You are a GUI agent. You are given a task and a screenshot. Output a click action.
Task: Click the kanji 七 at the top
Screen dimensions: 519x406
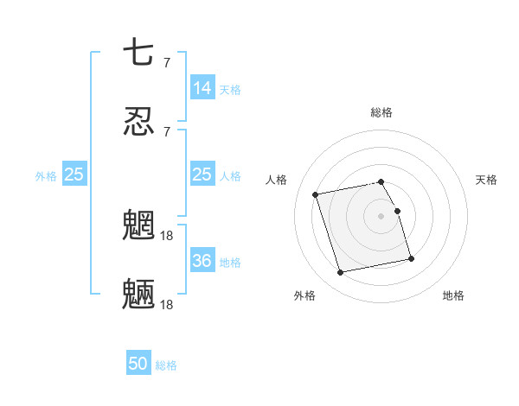click(138, 54)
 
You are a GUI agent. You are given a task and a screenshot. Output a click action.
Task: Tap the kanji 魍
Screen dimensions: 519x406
click(138, 226)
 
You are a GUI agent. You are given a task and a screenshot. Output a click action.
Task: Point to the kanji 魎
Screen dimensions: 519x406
click(138, 295)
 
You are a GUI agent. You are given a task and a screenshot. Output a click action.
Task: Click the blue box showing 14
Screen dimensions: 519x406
click(202, 88)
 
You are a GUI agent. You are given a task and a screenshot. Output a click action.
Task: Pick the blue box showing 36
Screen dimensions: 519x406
click(202, 261)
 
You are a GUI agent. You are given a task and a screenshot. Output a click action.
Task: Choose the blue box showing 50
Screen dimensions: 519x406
click(138, 365)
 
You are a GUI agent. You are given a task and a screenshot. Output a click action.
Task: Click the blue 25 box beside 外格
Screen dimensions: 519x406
click(74, 175)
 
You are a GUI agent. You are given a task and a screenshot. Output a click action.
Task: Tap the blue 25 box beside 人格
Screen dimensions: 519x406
click(202, 175)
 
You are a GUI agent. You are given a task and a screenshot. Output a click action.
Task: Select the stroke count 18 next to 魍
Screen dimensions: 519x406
click(168, 234)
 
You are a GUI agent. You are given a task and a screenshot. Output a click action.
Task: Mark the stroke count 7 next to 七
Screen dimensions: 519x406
click(167, 62)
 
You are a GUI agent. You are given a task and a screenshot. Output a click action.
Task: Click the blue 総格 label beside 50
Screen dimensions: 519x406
click(166, 365)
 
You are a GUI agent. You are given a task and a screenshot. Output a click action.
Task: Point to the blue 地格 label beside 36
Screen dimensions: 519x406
click(230, 262)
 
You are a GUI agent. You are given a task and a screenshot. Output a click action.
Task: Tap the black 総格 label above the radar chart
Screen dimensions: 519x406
click(381, 112)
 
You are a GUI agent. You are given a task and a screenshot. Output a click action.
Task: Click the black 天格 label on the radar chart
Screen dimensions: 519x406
click(486, 180)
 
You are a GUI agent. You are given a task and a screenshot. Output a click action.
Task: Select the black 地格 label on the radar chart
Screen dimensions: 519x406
click(453, 295)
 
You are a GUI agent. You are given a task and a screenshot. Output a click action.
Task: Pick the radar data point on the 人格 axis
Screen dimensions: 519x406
click(316, 194)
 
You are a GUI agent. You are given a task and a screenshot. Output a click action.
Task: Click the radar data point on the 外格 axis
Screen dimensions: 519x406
click(341, 273)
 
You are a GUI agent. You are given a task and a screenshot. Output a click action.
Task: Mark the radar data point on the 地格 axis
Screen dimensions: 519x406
click(411, 258)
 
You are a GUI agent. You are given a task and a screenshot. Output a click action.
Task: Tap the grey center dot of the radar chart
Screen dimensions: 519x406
click(381, 216)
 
